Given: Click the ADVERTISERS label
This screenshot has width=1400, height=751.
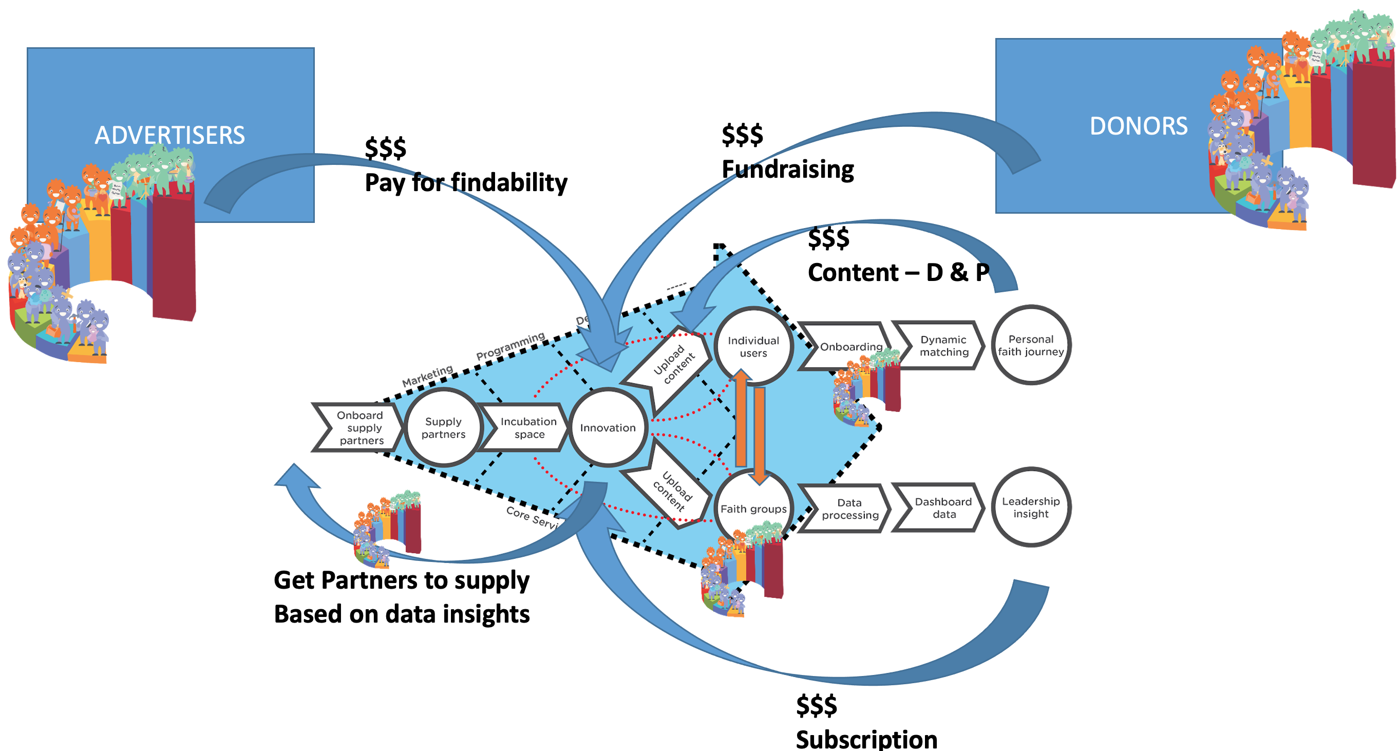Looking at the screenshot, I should click(x=169, y=135).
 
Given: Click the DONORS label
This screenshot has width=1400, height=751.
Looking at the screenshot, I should click(x=1138, y=126).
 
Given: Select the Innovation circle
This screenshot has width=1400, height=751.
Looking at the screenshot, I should click(x=608, y=428).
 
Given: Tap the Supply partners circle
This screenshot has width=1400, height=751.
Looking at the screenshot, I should click(x=444, y=428).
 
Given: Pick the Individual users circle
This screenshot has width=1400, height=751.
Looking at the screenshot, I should click(x=753, y=346).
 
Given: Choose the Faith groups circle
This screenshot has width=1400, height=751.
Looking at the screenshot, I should click(x=753, y=509).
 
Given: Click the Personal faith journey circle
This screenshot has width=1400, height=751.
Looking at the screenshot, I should click(x=1030, y=345).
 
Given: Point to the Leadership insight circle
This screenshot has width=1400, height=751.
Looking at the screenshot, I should click(x=1030, y=507).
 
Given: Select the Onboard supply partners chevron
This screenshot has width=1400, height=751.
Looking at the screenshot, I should click(x=359, y=428).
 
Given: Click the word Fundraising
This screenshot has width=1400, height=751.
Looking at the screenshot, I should click(x=787, y=169).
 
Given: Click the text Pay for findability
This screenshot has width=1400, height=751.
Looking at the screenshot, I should click(x=466, y=182).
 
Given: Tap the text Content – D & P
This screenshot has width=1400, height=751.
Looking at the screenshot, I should click(x=898, y=272).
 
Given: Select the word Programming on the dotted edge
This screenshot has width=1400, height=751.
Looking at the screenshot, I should click(x=510, y=346).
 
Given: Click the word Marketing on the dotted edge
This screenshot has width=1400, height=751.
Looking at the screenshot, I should click(x=427, y=376).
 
